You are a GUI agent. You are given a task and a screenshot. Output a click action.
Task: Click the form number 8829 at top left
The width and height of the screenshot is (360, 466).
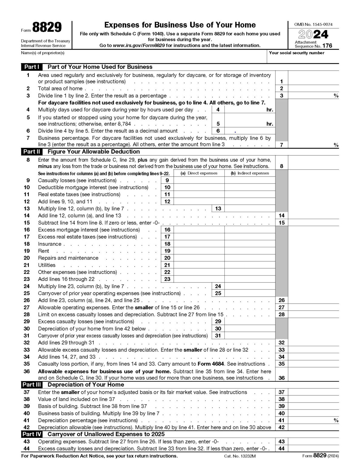tap(47, 28)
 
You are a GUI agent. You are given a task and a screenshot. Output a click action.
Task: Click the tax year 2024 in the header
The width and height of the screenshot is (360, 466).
tap(313, 34)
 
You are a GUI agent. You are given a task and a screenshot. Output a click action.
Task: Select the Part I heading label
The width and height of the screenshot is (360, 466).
tap(32, 67)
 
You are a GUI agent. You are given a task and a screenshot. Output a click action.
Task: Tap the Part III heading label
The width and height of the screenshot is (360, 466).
tap(32, 385)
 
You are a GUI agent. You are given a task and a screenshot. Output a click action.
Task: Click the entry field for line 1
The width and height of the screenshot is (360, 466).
tap(313, 81)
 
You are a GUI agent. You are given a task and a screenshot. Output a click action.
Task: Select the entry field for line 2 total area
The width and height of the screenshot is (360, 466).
tap(313, 88)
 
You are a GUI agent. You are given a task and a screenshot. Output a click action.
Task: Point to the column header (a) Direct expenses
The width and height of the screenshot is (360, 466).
tap(199, 173)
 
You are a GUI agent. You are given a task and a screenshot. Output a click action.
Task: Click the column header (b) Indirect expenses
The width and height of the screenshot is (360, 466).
tap(250, 173)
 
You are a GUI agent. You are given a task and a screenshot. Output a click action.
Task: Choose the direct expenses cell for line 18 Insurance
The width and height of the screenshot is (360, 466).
tap(199, 244)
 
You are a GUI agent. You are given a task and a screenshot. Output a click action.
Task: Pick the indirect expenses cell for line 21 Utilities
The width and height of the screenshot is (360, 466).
tap(250, 265)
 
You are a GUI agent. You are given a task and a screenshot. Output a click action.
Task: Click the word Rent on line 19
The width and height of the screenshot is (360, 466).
tap(43, 251)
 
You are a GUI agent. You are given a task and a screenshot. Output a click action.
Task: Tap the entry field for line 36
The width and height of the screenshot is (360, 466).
tap(313, 377)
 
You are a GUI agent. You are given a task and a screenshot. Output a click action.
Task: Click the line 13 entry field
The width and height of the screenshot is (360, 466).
tap(250, 208)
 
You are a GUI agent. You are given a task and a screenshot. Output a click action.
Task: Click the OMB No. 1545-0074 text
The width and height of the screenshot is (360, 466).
tap(313, 24)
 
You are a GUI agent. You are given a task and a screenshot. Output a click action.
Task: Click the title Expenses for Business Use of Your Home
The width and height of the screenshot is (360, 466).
tap(180, 25)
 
